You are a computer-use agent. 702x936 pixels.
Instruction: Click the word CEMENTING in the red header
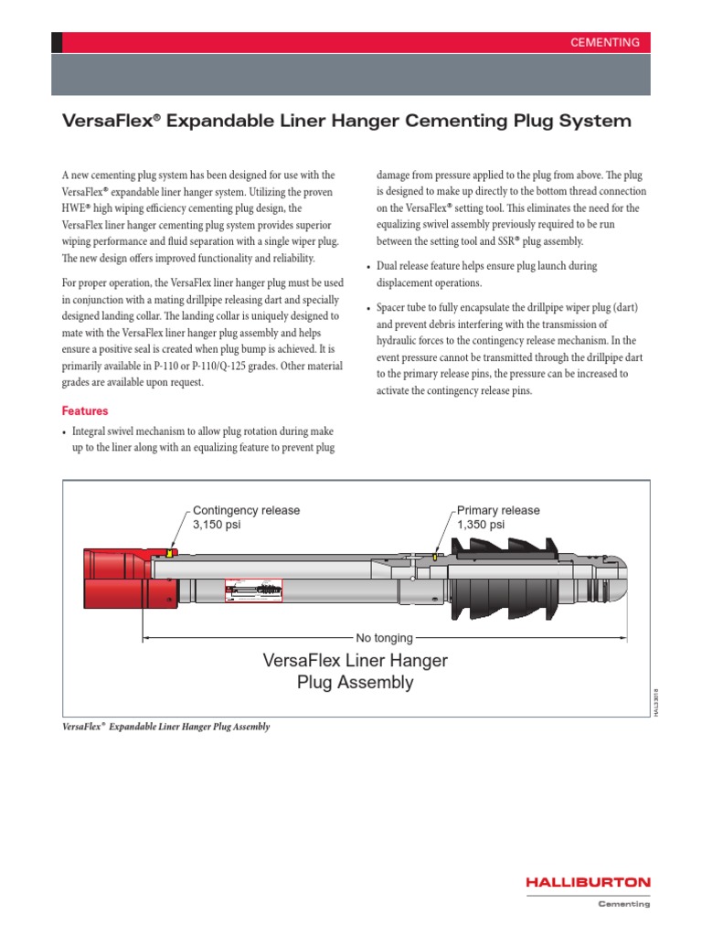pyautogui.click(x=605, y=43)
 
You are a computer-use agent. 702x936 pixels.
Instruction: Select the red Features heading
pyautogui.click(x=84, y=411)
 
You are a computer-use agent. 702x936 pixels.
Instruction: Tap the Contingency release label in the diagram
pyautogui.click(x=246, y=510)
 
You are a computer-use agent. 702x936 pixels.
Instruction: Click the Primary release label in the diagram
pyautogui.click(x=498, y=510)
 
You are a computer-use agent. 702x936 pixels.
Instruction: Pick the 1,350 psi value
pyautogui.click(x=481, y=525)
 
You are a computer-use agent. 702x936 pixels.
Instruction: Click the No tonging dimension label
pyautogui.click(x=384, y=637)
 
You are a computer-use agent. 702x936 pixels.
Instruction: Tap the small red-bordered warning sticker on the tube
pyautogui.click(x=253, y=590)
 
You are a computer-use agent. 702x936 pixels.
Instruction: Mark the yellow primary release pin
pyautogui.click(x=436, y=556)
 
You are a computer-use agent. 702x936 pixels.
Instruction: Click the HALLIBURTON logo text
pyautogui.click(x=587, y=882)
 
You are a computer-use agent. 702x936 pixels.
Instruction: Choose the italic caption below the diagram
pyautogui.click(x=165, y=726)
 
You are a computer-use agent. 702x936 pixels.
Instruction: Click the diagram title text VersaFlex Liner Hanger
pyautogui.click(x=355, y=660)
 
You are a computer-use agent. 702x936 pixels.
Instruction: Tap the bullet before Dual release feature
pyautogui.click(x=368, y=267)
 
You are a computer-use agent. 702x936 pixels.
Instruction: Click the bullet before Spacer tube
pyautogui.click(x=368, y=308)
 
